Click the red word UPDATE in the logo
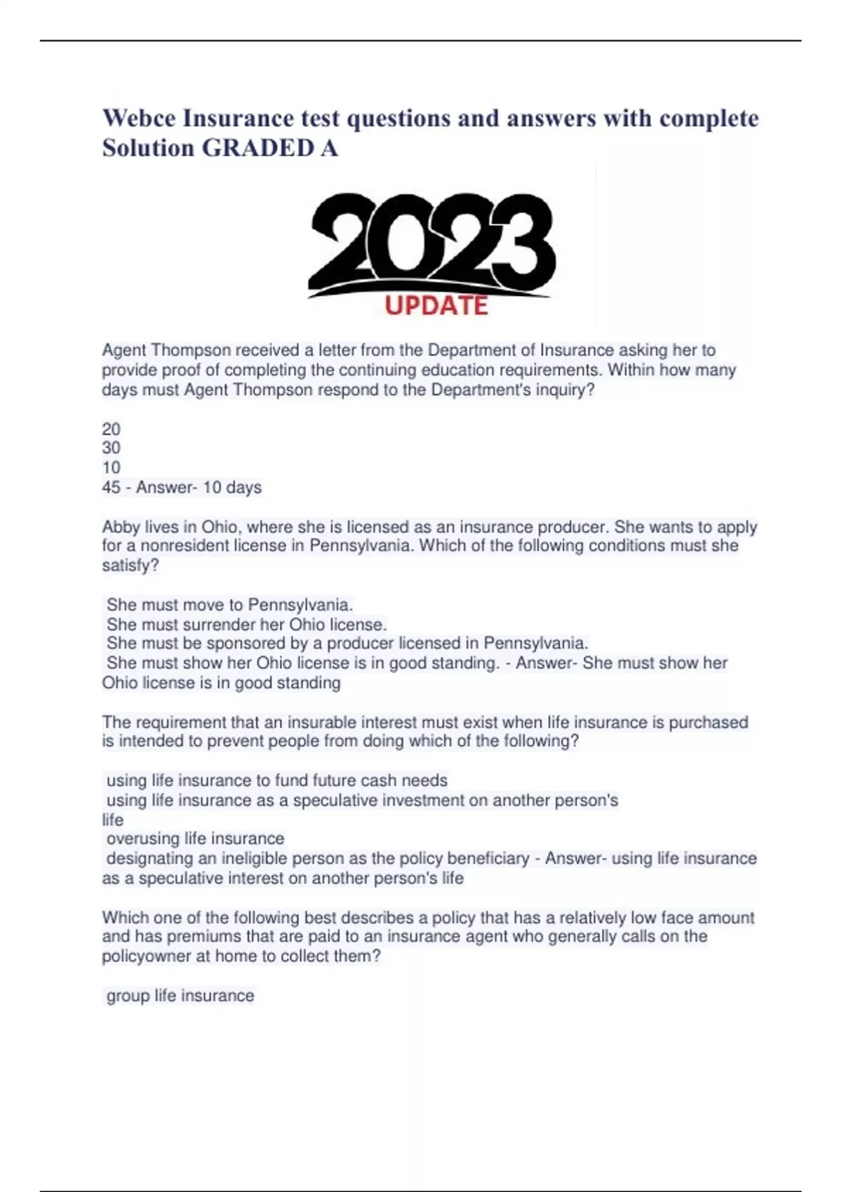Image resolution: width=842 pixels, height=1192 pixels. [x=436, y=306]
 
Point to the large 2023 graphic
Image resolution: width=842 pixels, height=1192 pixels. [x=432, y=242]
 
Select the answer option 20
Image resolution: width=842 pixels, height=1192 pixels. [x=111, y=429]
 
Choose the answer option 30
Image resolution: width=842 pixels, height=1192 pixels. [x=111, y=448]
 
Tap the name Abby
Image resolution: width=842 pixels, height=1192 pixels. [x=121, y=527]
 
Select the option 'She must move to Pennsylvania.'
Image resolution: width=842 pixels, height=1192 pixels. [x=229, y=605]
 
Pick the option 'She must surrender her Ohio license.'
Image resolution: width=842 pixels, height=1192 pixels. [x=246, y=624]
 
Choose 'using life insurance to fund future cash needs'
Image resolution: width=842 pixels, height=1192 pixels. [x=276, y=780]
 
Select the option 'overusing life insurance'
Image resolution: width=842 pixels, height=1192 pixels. [x=195, y=839]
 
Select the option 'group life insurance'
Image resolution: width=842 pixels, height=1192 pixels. [x=180, y=996]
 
